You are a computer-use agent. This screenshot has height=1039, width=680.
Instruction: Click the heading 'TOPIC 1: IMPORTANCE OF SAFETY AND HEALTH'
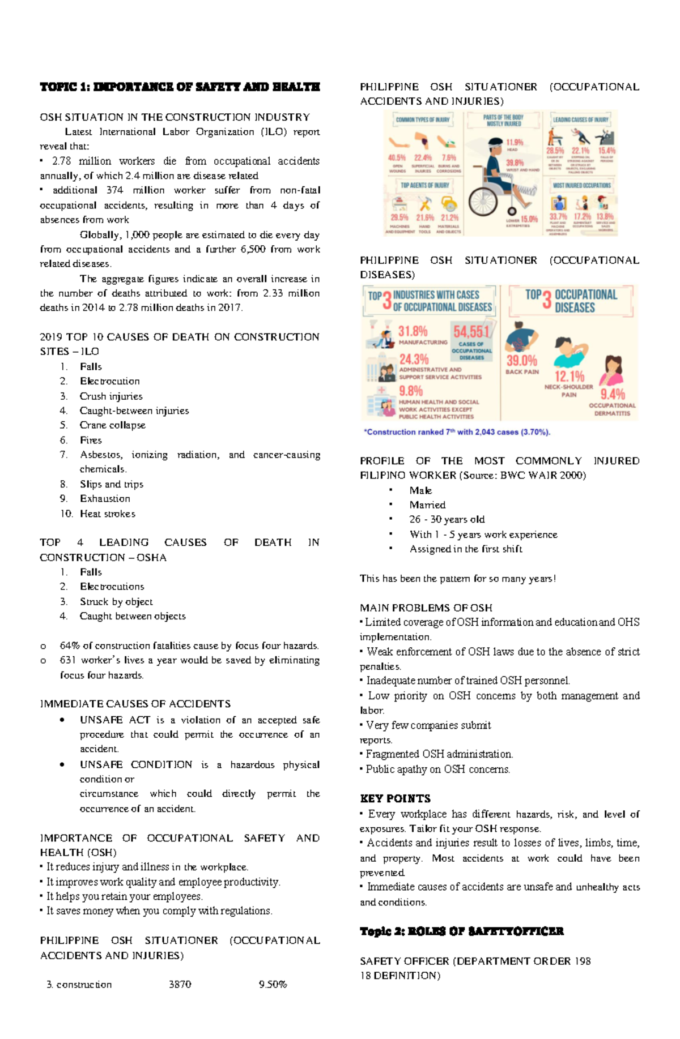click(x=180, y=87)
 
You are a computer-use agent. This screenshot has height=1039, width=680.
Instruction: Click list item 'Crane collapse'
click(x=112, y=425)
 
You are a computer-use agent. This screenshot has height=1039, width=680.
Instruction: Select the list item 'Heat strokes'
click(x=107, y=514)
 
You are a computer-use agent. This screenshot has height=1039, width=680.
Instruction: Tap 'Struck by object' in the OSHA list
click(x=116, y=601)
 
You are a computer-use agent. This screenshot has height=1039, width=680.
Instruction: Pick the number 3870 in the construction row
click(x=180, y=984)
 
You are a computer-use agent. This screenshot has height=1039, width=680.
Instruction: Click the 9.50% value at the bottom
click(x=273, y=984)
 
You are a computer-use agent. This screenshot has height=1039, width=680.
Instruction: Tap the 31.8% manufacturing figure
click(x=413, y=331)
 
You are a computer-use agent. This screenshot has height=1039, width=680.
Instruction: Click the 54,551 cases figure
click(x=471, y=331)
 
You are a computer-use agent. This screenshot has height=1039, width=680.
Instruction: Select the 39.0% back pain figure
click(x=521, y=361)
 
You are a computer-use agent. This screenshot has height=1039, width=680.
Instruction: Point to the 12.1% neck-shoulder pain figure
click(x=569, y=377)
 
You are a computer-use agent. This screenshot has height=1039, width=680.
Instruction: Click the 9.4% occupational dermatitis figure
click(x=613, y=394)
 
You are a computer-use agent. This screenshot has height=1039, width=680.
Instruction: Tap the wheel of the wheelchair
click(x=483, y=201)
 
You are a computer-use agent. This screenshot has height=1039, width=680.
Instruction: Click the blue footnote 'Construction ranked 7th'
click(x=457, y=432)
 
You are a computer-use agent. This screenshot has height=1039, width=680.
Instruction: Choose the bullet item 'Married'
click(x=427, y=504)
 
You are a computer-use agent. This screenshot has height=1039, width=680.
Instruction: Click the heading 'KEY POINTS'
click(x=395, y=798)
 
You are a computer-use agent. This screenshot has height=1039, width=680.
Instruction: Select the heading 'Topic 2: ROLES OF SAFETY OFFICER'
click(x=461, y=931)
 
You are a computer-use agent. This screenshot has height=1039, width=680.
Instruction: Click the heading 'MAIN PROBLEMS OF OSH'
click(x=426, y=608)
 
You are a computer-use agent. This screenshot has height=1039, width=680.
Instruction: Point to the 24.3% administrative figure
click(x=414, y=360)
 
